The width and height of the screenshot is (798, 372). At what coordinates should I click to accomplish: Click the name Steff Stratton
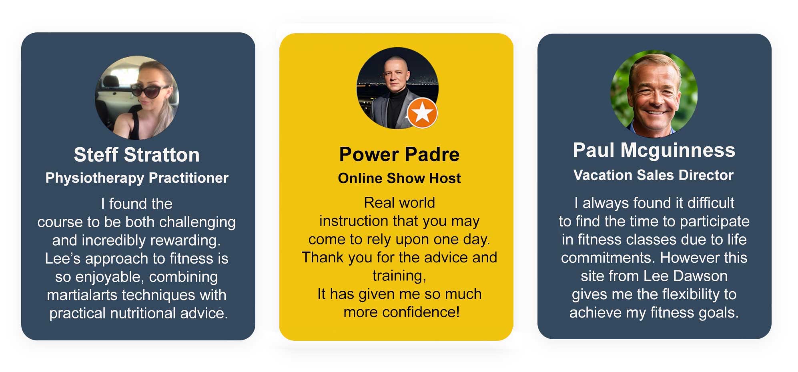click(x=136, y=155)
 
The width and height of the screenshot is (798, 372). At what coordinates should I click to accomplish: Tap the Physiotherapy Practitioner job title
click(x=137, y=178)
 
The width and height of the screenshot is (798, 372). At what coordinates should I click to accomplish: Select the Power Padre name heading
click(x=399, y=154)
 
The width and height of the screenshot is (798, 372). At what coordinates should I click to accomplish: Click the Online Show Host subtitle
click(x=399, y=178)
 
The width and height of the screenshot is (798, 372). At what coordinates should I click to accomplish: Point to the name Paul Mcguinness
click(x=654, y=150)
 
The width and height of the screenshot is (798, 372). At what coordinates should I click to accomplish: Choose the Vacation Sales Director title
click(x=654, y=175)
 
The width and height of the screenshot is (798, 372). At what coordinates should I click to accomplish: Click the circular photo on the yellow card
click(x=397, y=88)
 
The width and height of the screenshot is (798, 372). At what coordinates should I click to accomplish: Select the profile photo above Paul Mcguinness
click(x=654, y=94)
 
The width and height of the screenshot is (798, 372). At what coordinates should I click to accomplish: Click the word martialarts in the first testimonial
click(x=82, y=295)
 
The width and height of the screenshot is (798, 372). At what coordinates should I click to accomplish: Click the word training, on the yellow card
click(x=399, y=276)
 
